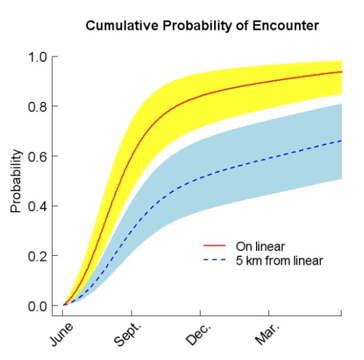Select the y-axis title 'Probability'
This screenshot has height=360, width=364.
[16, 181]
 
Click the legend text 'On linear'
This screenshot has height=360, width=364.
[260, 246]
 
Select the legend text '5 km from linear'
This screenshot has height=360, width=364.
[278, 261]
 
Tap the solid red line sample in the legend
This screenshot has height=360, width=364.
[214, 246]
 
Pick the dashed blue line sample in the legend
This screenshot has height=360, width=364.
[214, 261]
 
